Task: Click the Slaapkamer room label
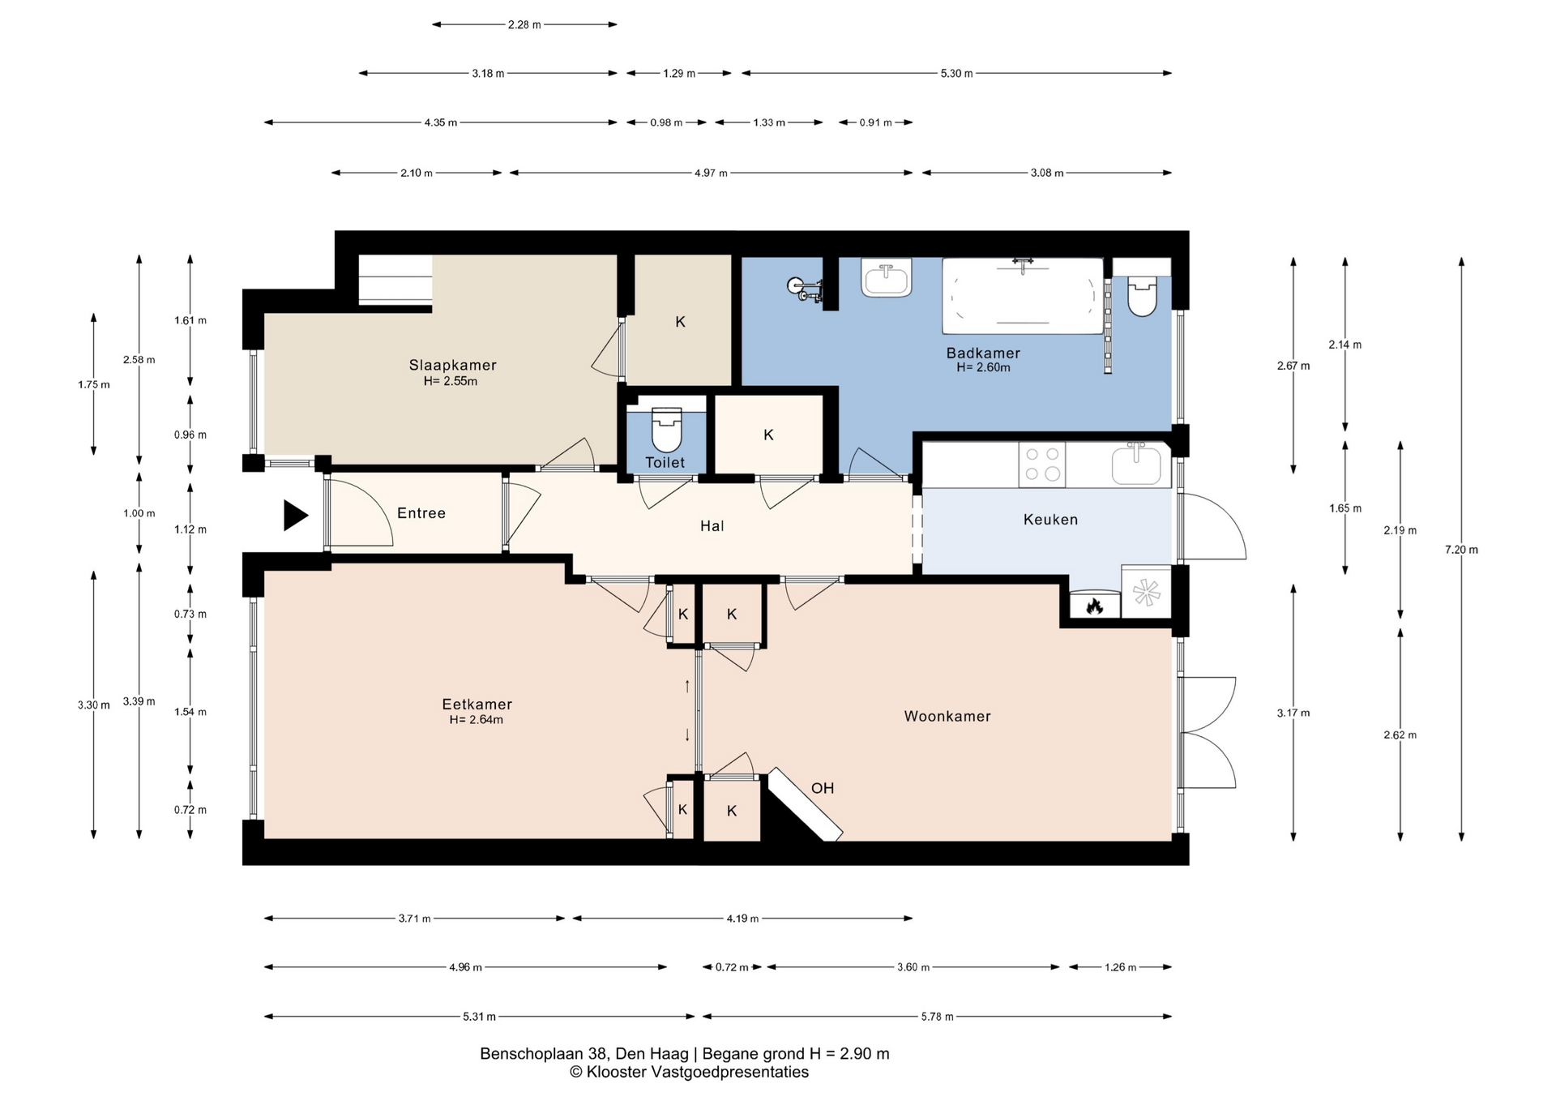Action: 452,366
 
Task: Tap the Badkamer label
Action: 983,353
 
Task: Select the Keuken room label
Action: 1050,520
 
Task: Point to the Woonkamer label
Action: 947,716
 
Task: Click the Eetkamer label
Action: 477,705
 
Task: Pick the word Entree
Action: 421,513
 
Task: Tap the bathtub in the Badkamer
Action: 1023,296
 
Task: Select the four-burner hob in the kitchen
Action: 1042,465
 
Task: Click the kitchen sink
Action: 1136,465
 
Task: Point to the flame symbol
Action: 1094,605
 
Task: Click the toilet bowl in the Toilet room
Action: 667,430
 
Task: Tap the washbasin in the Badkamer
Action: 887,278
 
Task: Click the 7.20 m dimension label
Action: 1461,550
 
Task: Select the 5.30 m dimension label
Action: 956,74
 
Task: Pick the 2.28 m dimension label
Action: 524,25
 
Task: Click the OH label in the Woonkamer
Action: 823,788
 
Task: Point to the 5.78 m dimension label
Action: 937,1017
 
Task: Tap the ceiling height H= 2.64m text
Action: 477,720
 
